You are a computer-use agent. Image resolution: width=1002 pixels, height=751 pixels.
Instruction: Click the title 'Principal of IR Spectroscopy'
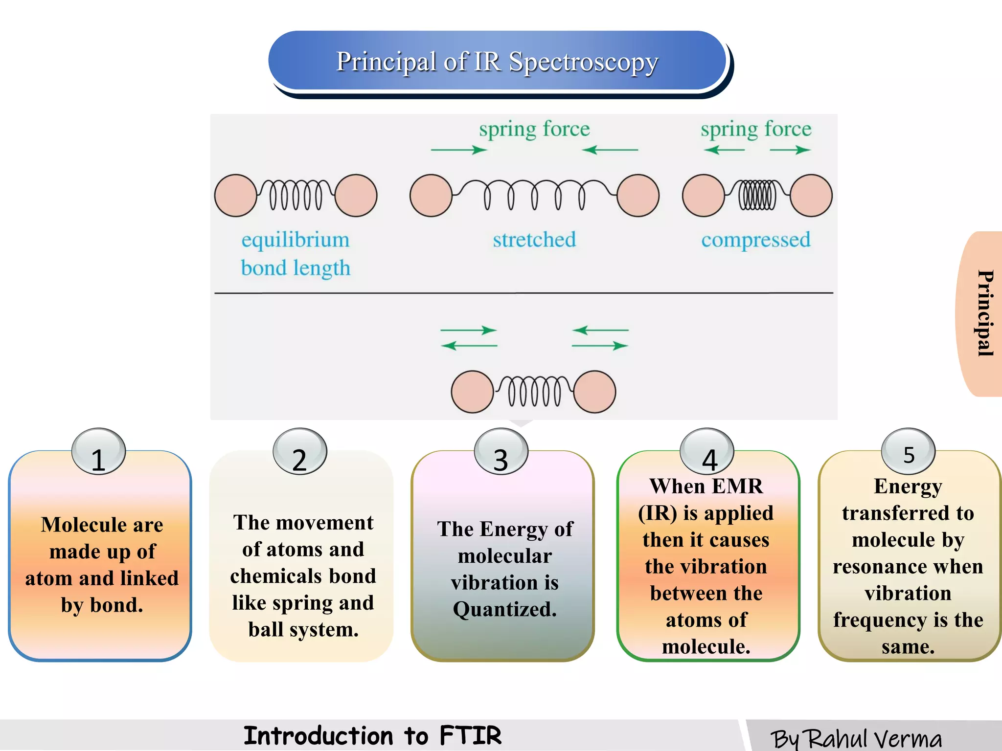[497, 62]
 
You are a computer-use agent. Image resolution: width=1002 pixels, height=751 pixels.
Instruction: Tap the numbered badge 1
[98, 452]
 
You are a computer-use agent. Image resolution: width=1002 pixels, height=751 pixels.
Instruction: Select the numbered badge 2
[299, 452]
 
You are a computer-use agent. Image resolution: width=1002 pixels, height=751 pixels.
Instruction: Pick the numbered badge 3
[501, 452]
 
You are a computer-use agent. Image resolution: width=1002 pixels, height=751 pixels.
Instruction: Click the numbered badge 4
[707, 452]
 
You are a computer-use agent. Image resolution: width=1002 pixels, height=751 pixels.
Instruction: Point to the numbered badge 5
[909, 452]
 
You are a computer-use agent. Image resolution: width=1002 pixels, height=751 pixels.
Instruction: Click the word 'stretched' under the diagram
[534, 240]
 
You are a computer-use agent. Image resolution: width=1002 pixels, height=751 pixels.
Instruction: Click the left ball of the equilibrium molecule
[236, 196]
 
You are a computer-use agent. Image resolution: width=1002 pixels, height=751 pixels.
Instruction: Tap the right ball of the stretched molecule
[638, 196]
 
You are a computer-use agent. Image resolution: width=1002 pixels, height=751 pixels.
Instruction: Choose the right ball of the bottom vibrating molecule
[594, 392]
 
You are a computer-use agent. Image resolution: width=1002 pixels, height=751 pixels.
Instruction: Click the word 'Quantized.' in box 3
[505, 610]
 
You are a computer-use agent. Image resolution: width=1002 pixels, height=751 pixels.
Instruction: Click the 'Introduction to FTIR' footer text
[372, 736]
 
